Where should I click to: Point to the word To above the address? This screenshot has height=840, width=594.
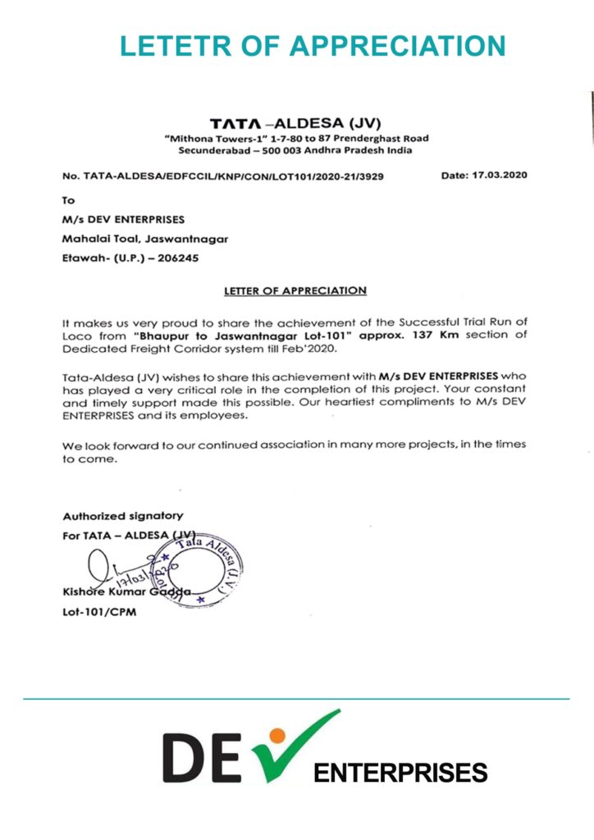[69, 199]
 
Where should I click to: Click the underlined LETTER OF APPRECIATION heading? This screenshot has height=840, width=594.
[295, 290]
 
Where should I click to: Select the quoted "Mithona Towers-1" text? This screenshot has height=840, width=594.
[203, 139]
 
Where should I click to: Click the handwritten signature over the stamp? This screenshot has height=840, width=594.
[115, 566]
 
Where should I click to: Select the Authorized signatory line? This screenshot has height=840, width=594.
[123, 516]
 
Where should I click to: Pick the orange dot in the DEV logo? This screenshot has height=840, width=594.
[277, 735]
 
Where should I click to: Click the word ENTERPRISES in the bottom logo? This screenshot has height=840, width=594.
[400, 773]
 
